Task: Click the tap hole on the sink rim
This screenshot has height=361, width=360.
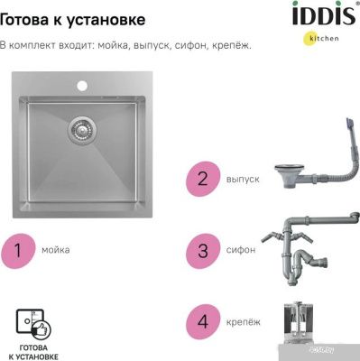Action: click(x=82, y=86)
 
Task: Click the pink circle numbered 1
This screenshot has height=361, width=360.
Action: click(x=18, y=251)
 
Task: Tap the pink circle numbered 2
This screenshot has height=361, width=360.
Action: click(x=203, y=179)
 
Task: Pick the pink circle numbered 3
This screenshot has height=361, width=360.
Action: click(x=203, y=251)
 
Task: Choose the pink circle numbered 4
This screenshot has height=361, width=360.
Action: click(x=203, y=322)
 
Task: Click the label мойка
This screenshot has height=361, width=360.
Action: click(x=56, y=250)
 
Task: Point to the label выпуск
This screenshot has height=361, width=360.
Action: click(x=243, y=180)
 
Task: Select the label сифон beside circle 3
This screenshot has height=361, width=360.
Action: click(x=241, y=250)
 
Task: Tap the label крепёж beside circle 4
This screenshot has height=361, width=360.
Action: click(x=244, y=322)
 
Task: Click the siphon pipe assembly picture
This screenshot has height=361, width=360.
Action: click(x=309, y=248)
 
